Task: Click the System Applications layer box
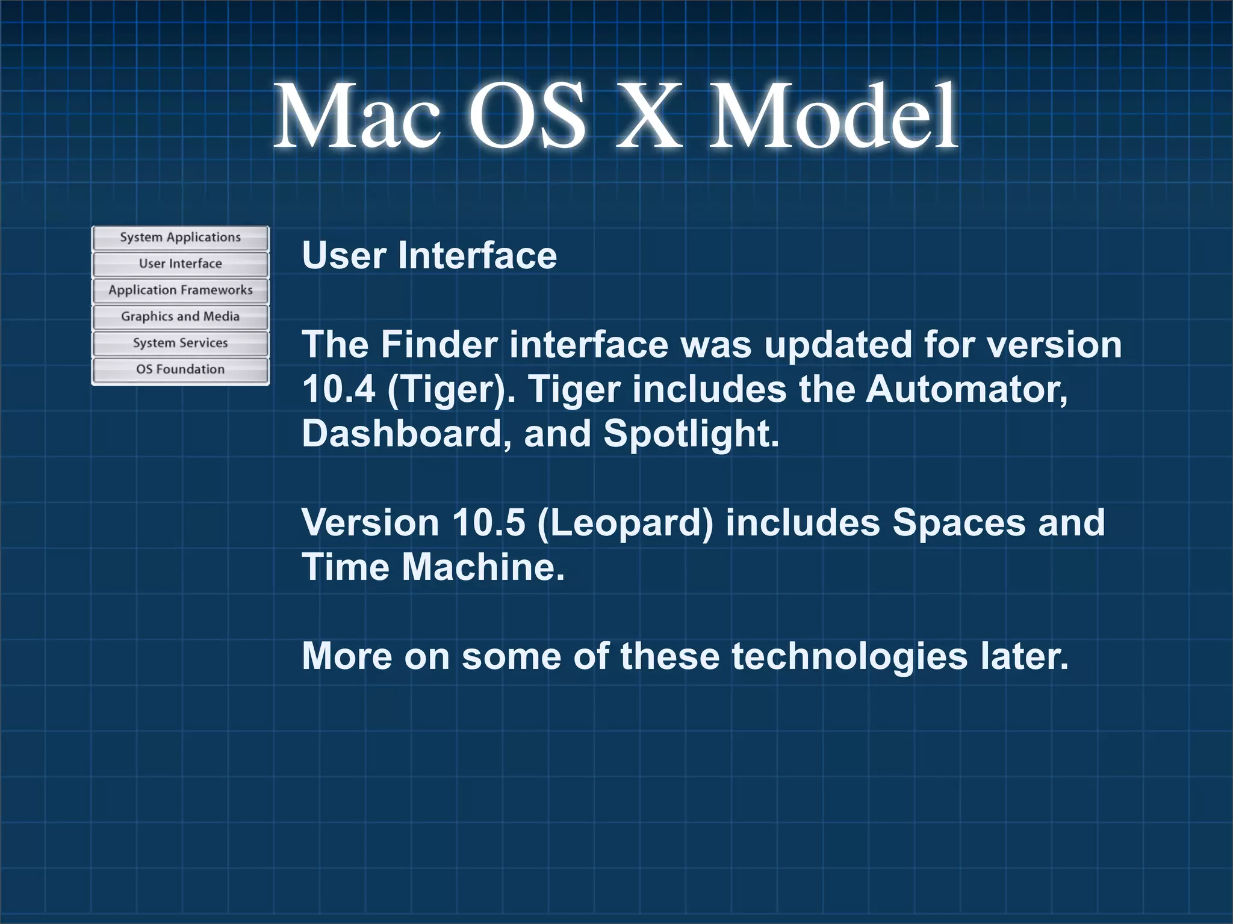point(180,238)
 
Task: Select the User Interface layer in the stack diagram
point(180,264)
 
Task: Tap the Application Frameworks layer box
point(180,291)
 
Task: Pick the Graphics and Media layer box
point(180,317)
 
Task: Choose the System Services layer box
point(180,343)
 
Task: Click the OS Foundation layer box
point(180,370)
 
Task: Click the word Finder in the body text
point(439,345)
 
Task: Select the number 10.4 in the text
point(338,389)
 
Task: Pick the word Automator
point(966,389)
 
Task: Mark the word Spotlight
point(691,434)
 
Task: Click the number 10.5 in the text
point(488,522)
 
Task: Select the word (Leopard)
point(625,523)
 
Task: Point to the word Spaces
point(958,523)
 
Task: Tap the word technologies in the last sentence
point(849,656)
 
